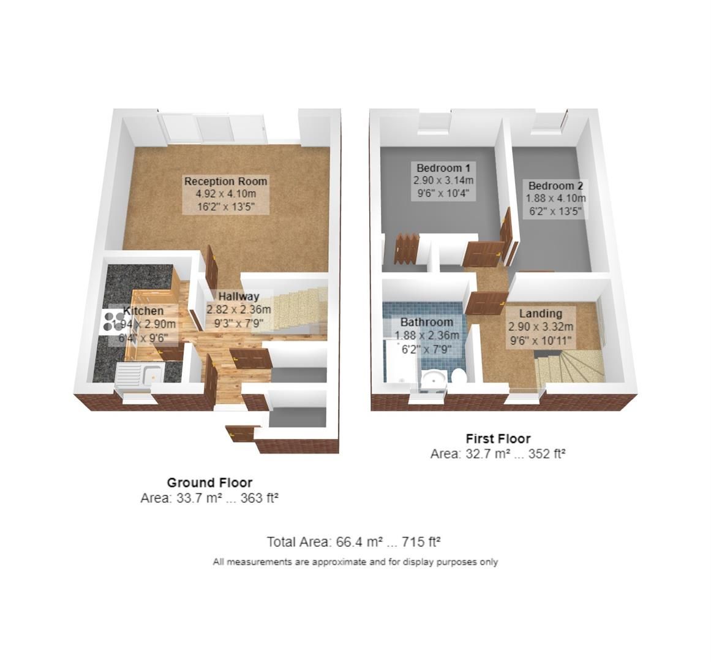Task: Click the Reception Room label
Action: [226, 181]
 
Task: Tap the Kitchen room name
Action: [144, 311]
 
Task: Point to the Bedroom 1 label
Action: [443, 168]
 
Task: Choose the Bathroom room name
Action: [427, 322]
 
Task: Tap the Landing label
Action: [541, 314]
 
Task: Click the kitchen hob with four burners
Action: [112, 322]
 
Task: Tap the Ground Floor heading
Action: [209, 483]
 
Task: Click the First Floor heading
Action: [498, 439]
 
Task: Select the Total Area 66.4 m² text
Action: [354, 542]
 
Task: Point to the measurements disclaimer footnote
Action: [355, 561]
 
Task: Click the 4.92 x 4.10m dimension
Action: [226, 194]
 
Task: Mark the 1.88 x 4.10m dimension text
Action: [555, 199]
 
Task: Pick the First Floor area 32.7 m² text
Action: [497, 454]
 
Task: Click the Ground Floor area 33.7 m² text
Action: [209, 498]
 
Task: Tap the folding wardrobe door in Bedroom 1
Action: [405, 248]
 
